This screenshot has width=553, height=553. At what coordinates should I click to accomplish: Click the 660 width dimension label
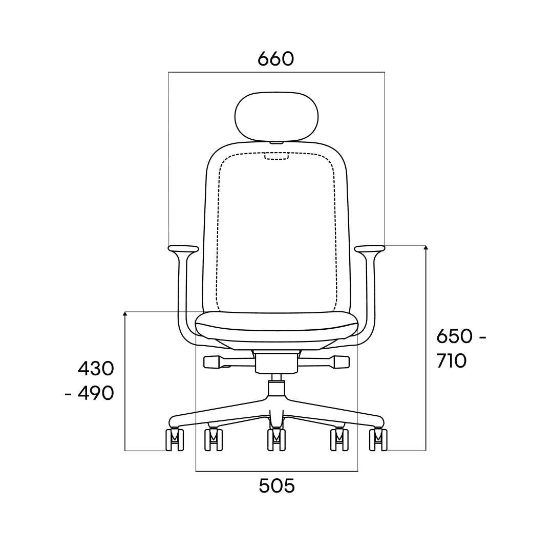275,59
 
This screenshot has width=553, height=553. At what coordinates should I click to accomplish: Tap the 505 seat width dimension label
276,486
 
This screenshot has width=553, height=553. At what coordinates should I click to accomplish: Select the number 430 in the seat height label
96,369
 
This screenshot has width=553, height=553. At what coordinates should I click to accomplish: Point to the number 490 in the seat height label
96,393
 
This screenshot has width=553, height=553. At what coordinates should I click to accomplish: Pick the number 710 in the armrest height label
452,361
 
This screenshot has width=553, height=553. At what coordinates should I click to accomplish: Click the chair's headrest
276,117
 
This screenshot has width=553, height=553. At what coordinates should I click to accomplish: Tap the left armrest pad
183,249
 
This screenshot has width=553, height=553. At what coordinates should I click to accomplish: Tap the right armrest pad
370,249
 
